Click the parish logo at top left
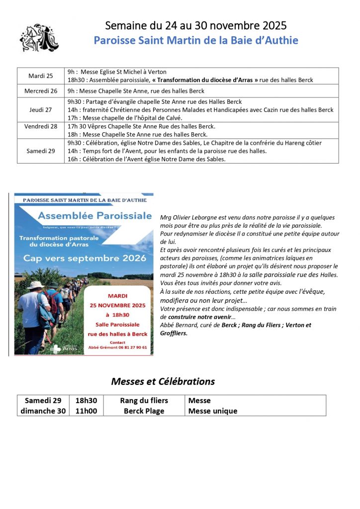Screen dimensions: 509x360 (x=39, y=36)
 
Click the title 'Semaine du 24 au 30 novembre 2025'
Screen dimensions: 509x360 (x=196, y=25)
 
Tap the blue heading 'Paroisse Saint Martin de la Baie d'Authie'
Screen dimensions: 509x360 (x=196, y=40)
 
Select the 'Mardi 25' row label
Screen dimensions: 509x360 (x=41, y=76)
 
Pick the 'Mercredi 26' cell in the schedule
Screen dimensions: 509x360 (x=41, y=91)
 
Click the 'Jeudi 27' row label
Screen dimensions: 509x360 (x=41, y=110)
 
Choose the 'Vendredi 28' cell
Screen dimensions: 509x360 (x=41, y=126)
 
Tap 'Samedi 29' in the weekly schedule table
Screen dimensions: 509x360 (x=41, y=151)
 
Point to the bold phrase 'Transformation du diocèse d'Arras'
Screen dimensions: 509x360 (x=206, y=80)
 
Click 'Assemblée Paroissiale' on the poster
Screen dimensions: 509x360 (x=95, y=216)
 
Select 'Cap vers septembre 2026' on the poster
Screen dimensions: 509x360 (x=85, y=258)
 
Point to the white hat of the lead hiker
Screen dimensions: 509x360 (x=35, y=285)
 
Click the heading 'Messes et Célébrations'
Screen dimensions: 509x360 (x=163, y=381)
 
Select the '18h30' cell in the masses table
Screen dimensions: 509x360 (x=86, y=400)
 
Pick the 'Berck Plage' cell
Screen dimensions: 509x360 (x=144, y=411)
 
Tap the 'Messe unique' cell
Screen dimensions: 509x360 (x=213, y=411)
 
